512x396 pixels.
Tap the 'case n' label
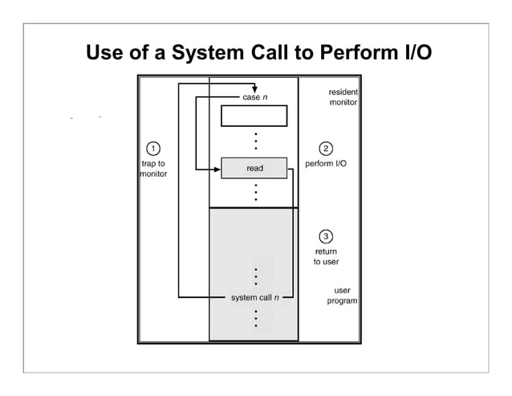tap(254, 98)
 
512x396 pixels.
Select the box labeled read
tap(254, 168)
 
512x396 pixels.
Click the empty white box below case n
tap(254, 116)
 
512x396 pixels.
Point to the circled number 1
tap(152, 148)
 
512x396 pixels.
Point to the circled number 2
tap(326, 148)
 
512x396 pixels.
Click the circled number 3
tap(326, 236)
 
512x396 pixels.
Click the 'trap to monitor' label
tap(152, 169)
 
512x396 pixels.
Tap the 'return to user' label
tap(326, 257)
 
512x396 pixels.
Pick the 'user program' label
tap(342, 296)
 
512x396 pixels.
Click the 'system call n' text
tap(255, 298)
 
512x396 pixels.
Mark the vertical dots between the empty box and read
tap(254, 140)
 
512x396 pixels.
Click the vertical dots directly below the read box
tap(254, 192)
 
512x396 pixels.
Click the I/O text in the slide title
tap(414, 54)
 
